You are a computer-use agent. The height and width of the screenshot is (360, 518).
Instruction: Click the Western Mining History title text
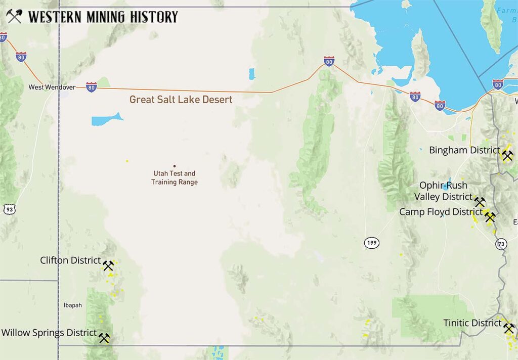click(x=103, y=17)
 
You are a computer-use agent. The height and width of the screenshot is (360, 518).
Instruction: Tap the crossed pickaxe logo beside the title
click(x=14, y=17)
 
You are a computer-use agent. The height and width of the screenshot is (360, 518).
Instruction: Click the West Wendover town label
click(x=52, y=87)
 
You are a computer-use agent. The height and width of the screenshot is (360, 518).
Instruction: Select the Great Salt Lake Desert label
click(x=181, y=100)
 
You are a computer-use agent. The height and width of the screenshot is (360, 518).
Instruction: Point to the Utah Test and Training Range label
click(x=174, y=177)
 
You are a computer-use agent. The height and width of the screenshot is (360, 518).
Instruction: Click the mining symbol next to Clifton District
click(x=108, y=265)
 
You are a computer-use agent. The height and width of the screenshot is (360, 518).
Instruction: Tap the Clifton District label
click(x=70, y=260)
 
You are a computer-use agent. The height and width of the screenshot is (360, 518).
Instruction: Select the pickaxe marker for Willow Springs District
click(x=104, y=338)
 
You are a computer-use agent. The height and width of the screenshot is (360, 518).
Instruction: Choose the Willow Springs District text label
click(x=49, y=333)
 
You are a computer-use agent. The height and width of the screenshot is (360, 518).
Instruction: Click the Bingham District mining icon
click(x=507, y=156)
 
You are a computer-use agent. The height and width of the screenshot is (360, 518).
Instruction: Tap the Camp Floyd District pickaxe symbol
click(x=490, y=217)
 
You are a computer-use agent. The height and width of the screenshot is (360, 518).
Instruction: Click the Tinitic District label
click(x=472, y=323)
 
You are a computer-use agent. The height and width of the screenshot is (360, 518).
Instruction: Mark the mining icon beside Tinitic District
click(x=509, y=329)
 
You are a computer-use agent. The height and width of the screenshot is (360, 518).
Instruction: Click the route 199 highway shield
click(x=372, y=243)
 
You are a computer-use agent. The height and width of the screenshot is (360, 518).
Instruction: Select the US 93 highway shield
click(x=8, y=208)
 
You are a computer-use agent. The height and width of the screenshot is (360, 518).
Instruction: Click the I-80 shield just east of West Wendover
click(x=91, y=86)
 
